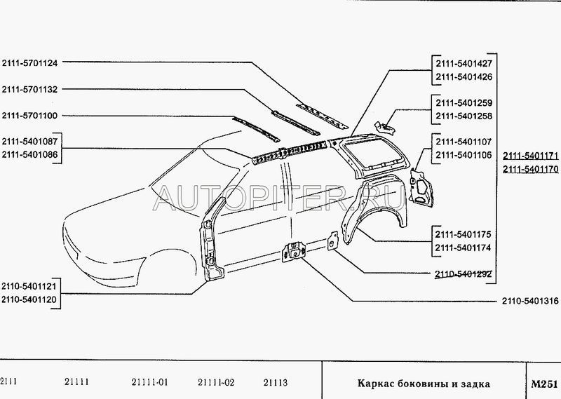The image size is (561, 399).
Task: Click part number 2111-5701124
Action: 29,63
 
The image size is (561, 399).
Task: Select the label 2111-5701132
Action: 29,90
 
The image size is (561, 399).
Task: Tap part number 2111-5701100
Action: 29,116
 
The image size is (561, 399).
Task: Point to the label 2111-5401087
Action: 29,142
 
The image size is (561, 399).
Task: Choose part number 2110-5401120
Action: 29,299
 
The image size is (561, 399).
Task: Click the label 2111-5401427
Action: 464,64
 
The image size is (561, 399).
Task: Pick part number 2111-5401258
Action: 464,116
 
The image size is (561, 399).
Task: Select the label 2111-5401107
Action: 464,142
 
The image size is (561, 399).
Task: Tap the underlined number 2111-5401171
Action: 531,156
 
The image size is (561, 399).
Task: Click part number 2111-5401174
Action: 464,248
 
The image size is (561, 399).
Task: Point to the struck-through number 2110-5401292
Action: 464,274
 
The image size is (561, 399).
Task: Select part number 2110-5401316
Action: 530,301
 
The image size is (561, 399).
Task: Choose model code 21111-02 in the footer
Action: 216,383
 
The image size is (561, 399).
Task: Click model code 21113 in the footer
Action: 276,383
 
